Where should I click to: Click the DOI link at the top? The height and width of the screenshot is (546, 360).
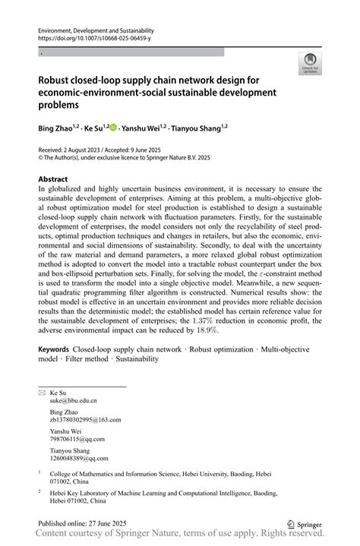(94, 37)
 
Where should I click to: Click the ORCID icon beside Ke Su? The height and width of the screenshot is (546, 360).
(114, 128)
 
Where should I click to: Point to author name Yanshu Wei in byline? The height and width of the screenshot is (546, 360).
(143, 128)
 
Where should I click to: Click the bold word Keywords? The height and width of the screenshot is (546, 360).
(54, 349)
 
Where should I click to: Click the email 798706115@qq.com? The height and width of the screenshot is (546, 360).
(77, 439)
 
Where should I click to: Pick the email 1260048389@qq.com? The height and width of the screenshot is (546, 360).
(79, 458)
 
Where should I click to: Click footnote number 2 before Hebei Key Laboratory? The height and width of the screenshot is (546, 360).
(40, 491)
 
